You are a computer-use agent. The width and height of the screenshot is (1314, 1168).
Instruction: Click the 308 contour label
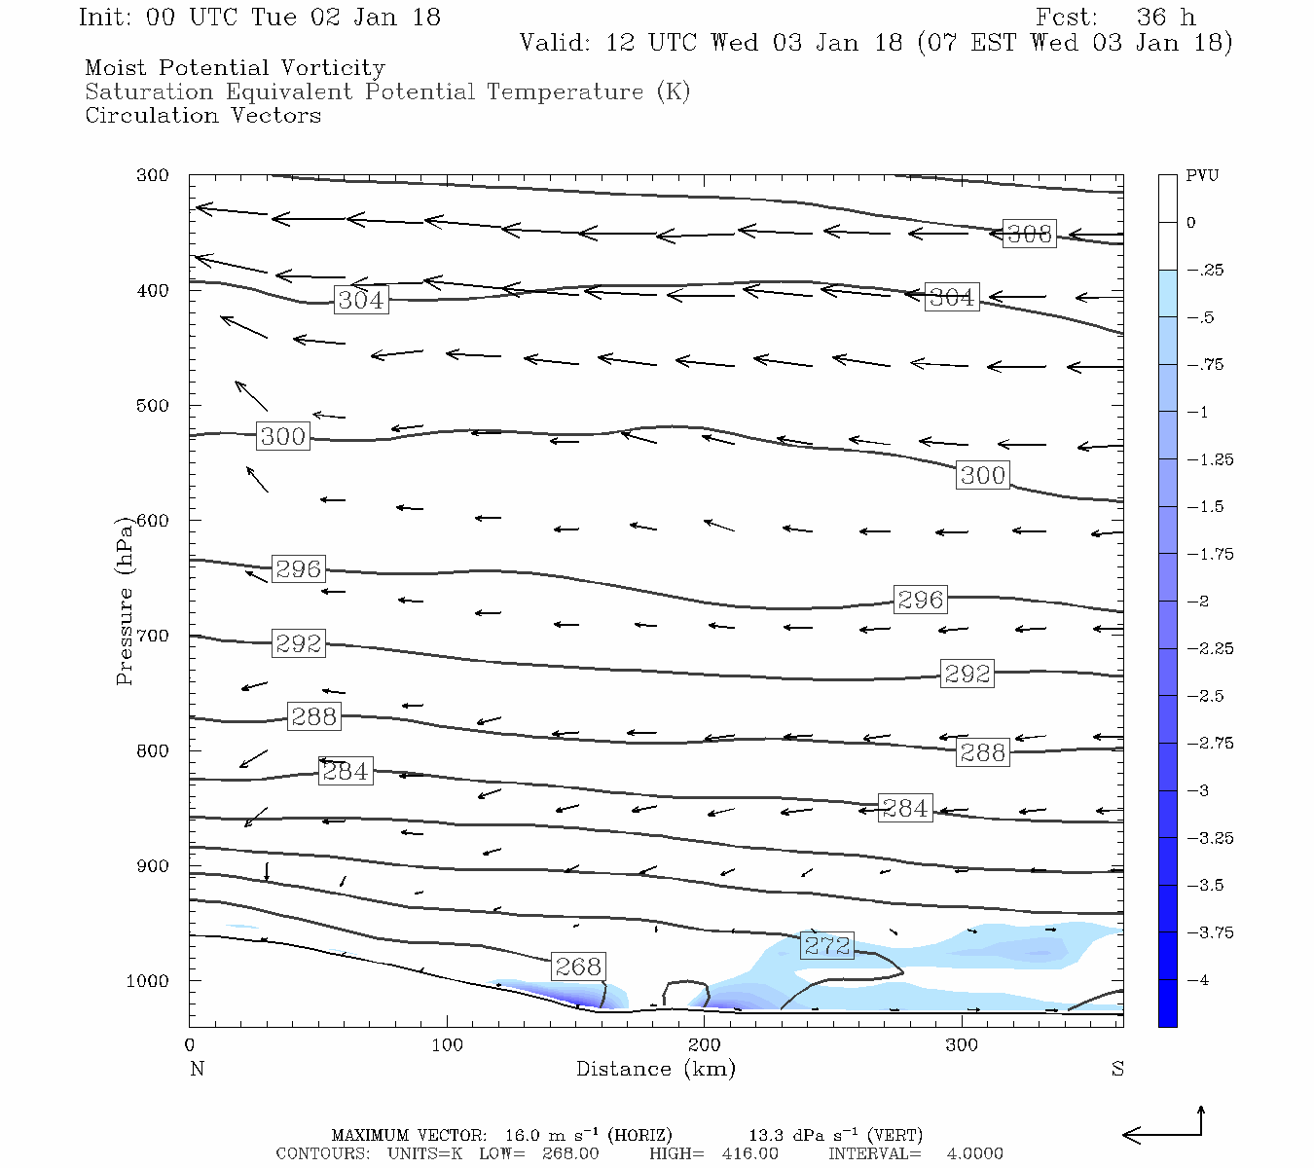[1029, 234]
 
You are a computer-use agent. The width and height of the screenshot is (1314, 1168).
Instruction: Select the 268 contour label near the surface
[578, 966]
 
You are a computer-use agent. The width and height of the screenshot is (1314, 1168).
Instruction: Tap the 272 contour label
[827, 945]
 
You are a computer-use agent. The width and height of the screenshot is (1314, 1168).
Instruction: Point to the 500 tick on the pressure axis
[153, 405]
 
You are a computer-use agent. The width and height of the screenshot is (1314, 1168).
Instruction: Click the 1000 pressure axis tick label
[148, 981]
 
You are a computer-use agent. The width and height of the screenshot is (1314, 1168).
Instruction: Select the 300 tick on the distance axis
[962, 1045]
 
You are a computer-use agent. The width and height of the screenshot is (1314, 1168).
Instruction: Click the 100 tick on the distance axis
[447, 1045]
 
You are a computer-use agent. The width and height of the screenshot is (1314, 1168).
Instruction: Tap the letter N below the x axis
[197, 1069]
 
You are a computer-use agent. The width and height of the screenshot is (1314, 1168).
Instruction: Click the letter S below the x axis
[1117, 1069]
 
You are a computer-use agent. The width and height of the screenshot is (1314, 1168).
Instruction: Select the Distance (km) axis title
[655, 1069]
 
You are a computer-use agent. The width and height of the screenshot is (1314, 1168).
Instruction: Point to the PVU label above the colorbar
[1202, 176]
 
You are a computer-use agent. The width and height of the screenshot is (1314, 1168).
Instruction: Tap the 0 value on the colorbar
[1190, 223]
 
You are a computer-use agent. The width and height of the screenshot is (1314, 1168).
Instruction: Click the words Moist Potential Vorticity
[235, 68]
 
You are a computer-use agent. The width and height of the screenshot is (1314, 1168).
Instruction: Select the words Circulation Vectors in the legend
[202, 116]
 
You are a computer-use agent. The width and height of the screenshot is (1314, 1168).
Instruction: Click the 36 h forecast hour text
[1165, 18]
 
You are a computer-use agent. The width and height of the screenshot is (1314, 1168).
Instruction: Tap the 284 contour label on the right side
[904, 808]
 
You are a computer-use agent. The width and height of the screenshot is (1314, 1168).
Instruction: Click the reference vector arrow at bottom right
[1163, 1133]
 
